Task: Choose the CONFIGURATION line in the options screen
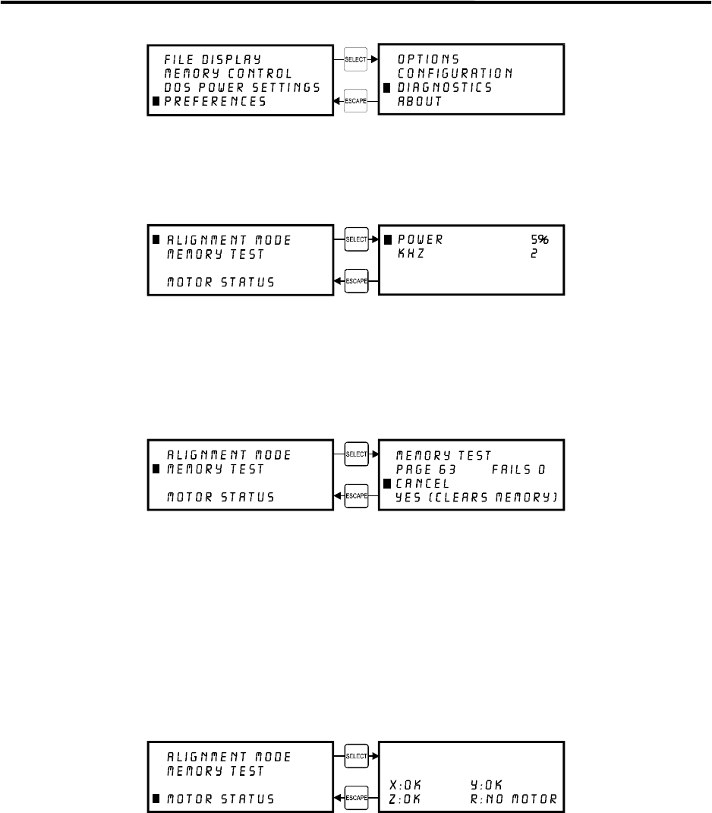click(455, 73)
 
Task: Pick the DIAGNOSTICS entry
click(445, 87)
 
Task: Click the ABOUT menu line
click(420, 102)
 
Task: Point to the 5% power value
click(539, 239)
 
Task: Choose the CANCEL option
click(424, 483)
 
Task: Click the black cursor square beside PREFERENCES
click(157, 102)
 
